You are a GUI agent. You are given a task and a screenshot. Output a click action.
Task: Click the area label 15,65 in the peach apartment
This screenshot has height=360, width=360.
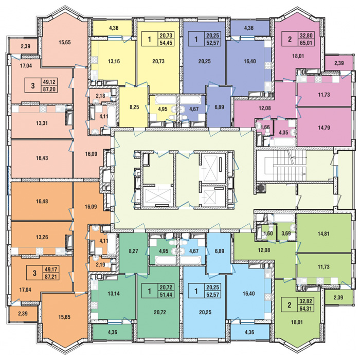64,42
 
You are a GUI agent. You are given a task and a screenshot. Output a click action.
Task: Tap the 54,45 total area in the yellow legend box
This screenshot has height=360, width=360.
166,43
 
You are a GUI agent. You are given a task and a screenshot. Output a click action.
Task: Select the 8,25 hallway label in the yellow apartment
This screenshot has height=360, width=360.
134,107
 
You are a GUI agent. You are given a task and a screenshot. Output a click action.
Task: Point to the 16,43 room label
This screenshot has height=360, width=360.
42,158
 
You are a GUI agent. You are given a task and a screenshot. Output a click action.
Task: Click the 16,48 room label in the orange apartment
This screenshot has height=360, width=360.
42,202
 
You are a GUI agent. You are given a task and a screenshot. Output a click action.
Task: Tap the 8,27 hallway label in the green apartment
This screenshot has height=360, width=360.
133,251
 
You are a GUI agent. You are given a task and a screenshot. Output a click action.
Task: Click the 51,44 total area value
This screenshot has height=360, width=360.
166,295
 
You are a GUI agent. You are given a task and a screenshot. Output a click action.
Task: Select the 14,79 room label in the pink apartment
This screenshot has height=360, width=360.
324,128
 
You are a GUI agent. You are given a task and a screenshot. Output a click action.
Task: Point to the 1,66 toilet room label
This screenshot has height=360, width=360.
266,127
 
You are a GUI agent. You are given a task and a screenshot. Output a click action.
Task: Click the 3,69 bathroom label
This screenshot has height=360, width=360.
286,234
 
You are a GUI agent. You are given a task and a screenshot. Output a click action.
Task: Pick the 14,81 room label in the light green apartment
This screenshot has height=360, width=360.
323,234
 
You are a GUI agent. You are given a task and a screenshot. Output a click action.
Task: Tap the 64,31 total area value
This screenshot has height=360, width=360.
305,309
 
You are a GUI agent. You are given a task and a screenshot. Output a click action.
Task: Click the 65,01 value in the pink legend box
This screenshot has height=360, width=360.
306,43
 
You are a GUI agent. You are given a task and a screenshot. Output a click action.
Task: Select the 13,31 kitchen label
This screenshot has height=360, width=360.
42,123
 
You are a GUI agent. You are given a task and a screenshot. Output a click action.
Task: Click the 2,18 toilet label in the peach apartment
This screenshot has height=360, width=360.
100,96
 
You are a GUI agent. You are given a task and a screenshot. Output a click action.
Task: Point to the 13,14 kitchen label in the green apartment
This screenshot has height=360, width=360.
114,293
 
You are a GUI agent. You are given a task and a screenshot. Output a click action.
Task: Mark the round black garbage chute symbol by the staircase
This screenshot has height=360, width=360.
260,188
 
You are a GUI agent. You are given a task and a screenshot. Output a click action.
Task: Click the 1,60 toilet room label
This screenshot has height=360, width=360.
268,234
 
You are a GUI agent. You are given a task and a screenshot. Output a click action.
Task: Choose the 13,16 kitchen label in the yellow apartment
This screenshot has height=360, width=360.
114,61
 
